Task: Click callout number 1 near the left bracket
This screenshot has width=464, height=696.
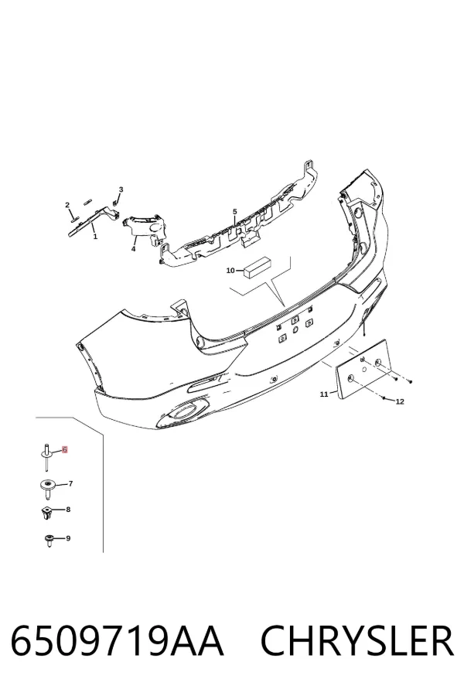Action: coord(95,237)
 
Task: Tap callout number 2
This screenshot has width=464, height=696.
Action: coord(67,205)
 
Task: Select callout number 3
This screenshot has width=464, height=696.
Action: coord(121,189)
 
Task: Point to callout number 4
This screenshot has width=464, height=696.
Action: coord(133,249)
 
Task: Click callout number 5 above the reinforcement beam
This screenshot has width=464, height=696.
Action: coord(235,212)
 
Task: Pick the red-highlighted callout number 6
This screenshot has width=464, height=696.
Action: coord(65,449)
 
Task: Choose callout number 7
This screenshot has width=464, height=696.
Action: coord(70,484)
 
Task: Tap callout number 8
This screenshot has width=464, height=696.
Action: coord(68,510)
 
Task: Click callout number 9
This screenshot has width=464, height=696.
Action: coord(68,538)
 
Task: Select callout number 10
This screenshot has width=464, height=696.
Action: coord(230,271)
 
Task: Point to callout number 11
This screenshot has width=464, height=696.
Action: coord(324,394)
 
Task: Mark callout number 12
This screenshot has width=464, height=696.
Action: coord(400,401)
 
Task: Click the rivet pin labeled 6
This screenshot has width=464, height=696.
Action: coord(46,457)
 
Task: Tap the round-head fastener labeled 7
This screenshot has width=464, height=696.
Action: coord(46,486)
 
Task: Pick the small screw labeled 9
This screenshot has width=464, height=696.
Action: coord(49,541)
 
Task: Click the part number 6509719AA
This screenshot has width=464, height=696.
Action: coord(117,641)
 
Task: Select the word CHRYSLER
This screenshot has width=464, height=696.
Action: coord(357,641)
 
